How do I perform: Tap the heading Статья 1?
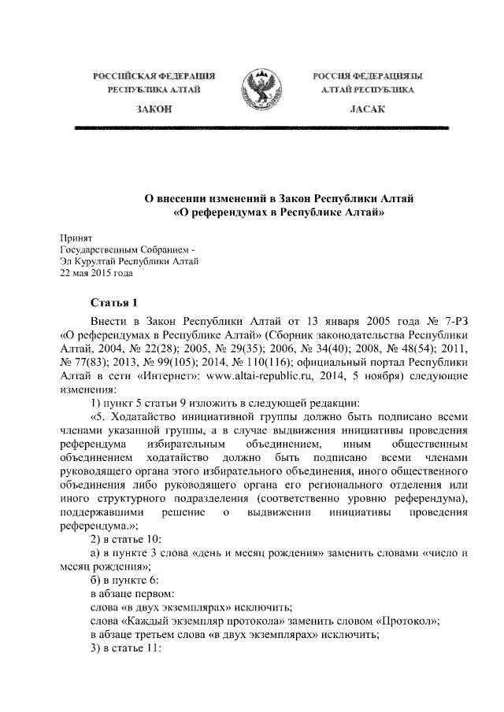click(114, 303)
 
